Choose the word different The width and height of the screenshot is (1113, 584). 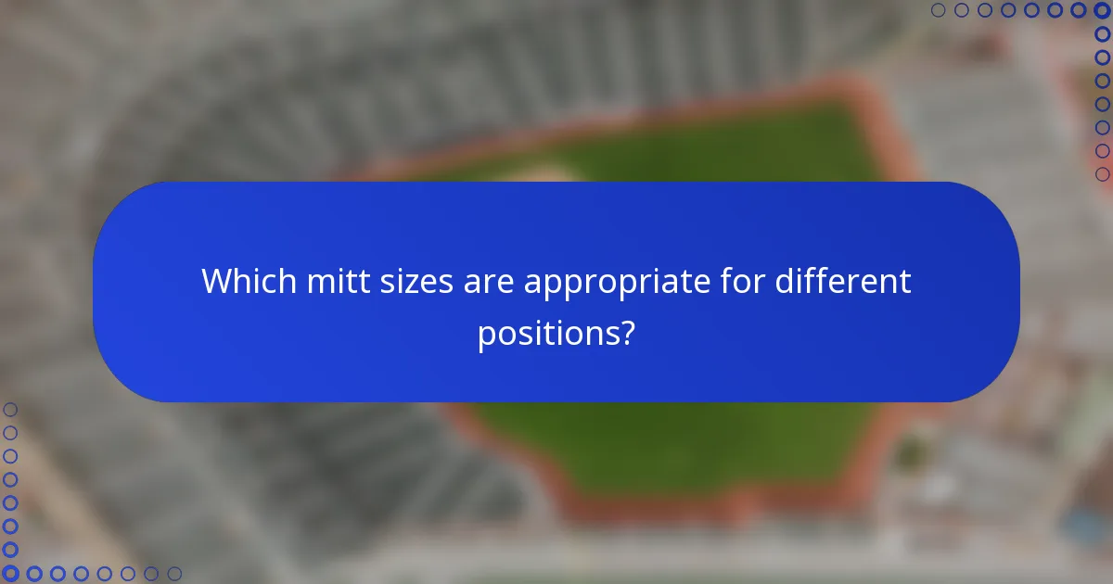point(844,281)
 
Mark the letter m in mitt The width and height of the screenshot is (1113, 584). point(317,283)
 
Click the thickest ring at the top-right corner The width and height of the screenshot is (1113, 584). point(1102,10)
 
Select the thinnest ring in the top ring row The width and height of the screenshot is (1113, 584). point(938,10)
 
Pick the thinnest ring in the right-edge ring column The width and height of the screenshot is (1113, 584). point(1102,173)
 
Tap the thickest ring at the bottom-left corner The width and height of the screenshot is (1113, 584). point(10,574)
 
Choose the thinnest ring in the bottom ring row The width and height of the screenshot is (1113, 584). point(173,574)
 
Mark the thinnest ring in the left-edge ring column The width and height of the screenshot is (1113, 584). point(10,410)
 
